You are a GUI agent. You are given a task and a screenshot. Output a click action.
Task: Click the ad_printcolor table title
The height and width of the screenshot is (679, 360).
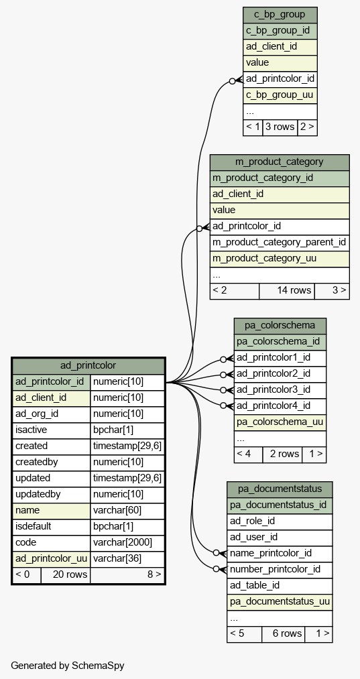click(x=88, y=365)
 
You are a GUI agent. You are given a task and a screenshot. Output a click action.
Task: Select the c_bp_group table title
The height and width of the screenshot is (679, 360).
click(x=280, y=14)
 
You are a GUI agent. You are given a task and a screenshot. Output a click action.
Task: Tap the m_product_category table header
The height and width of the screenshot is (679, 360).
click(x=280, y=162)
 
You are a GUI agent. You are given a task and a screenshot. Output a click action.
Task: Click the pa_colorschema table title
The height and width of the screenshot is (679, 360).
click(x=280, y=325)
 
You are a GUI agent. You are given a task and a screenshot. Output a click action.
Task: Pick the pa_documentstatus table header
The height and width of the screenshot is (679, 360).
click(x=280, y=489)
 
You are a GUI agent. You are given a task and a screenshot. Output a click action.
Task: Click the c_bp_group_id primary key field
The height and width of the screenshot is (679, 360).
click(x=280, y=31)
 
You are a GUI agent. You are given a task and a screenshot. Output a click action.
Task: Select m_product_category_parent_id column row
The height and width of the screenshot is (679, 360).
click(x=280, y=242)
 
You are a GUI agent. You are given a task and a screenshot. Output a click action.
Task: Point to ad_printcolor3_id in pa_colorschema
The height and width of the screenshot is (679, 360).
click(x=280, y=389)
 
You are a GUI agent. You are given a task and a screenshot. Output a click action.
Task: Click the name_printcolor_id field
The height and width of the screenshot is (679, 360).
click(x=280, y=554)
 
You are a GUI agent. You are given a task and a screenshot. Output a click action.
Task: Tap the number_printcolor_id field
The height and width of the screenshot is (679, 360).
click(x=280, y=570)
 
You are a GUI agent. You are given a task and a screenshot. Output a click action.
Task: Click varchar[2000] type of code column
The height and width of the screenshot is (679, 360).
click(x=127, y=542)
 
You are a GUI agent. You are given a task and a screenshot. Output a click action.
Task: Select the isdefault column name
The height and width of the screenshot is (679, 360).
click(x=34, y=527)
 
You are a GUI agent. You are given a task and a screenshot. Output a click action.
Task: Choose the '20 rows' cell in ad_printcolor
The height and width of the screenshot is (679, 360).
click(x=66, y=575)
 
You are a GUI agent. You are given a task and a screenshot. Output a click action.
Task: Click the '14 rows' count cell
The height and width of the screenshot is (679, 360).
click(x=287, y=291)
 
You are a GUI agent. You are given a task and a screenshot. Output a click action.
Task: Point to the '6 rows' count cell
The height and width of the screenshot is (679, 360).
click(x=284, y=634)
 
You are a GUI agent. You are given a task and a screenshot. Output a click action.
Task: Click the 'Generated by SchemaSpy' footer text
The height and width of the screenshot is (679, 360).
click(x=68, y=666)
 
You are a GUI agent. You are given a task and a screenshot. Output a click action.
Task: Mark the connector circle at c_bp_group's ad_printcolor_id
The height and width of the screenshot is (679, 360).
click(x=232, y=81)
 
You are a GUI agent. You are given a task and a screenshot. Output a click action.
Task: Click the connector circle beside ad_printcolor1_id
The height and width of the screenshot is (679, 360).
click(x=223, y=359)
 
